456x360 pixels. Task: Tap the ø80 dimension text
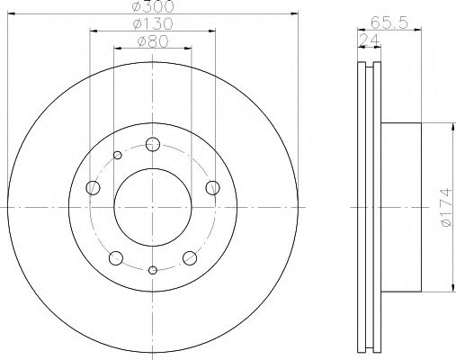tap(153, 40)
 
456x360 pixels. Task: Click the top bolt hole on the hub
tap(153, 144)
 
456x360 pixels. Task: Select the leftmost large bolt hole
tap(93, 187)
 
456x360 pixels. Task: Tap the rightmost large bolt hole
tap(213, 187)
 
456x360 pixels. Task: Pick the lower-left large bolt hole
tap(115, 257)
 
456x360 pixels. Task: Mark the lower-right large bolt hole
tap(190, 257)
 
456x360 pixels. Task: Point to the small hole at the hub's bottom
tap(153, 270)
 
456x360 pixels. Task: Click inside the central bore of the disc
tap(153, 207)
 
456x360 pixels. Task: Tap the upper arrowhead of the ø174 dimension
tap(447, 127)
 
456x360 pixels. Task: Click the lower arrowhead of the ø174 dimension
tap(447, 287)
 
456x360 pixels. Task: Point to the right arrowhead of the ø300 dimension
tap(295, 15)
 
